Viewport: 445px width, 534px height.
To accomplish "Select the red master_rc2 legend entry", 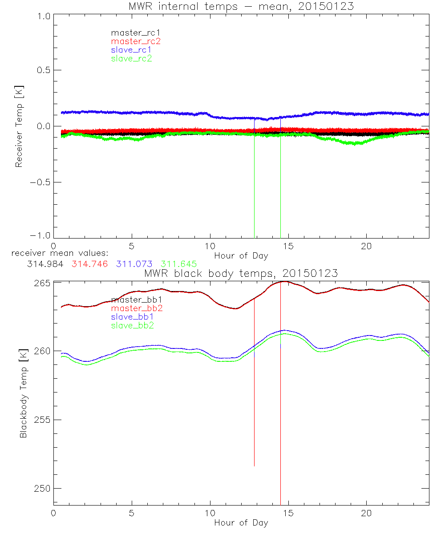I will coord(135,41).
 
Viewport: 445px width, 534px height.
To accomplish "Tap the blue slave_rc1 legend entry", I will coord(132,50).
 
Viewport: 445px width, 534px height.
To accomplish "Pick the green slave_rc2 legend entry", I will coord(132,58).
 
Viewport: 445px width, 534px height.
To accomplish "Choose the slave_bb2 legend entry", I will coord(133,326).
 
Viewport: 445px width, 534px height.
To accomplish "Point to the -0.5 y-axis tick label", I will coord(41,182).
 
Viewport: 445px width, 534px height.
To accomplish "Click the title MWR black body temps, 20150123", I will coord(241,273).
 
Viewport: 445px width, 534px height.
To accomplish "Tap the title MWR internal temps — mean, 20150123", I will coord(241,7).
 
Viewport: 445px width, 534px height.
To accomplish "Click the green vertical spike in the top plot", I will coord(280,187).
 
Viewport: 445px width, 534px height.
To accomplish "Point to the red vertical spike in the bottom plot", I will coord(280,400).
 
